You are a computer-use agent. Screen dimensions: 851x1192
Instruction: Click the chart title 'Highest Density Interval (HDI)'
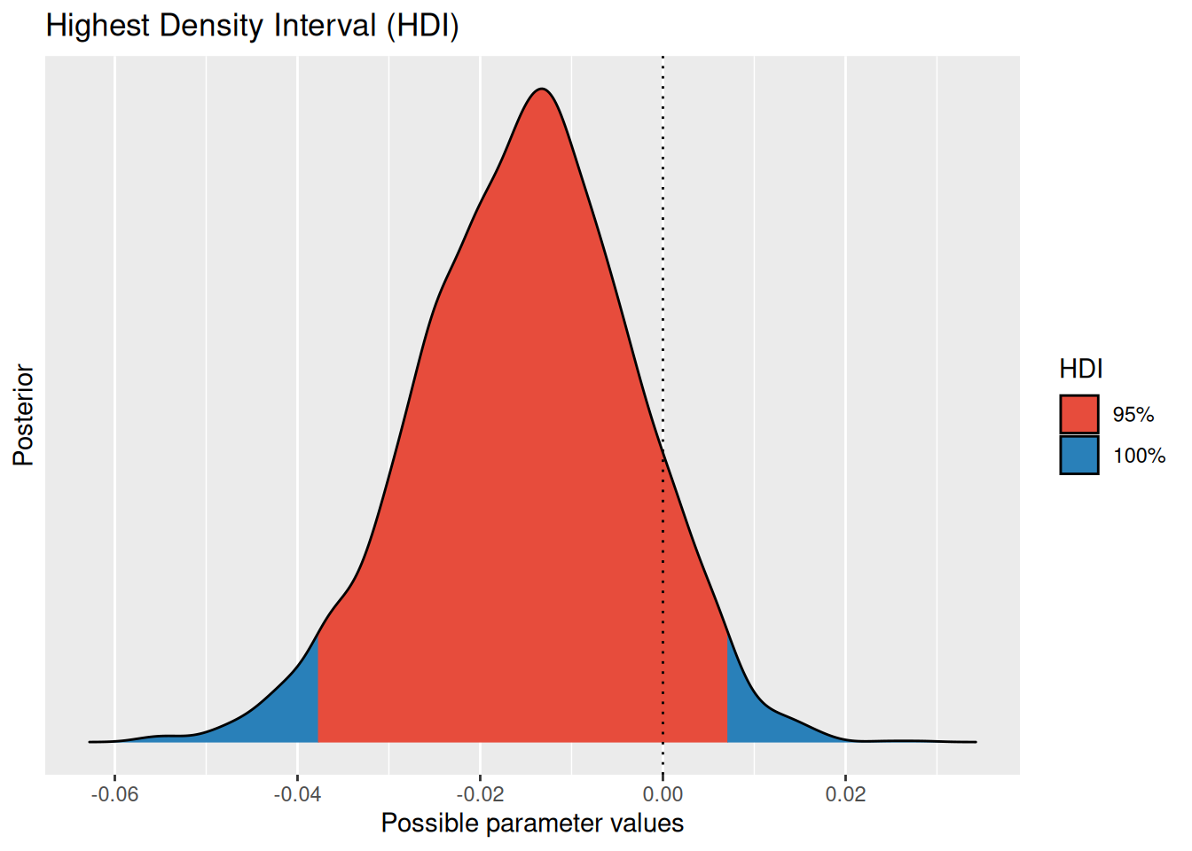point(252,26)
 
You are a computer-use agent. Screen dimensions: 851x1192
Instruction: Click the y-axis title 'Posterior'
point(24,415)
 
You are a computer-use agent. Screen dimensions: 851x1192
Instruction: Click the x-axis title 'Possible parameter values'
point(532,824)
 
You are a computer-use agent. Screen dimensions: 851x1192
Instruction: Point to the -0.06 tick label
point(114,794)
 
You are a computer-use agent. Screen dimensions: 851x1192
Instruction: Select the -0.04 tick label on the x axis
point(297,794)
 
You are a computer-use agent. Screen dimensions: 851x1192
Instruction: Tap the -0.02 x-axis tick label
point(480,794)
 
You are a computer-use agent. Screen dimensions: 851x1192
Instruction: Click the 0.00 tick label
point(663,794)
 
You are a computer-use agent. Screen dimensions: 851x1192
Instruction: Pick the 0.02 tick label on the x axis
point(845,794)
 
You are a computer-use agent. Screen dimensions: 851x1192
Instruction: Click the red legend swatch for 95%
point(1078,414)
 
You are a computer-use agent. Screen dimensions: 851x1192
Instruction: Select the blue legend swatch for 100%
point(1078,455)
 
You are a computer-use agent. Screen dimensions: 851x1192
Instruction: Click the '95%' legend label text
point(1133,415)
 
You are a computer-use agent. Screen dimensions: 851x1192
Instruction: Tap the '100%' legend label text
point(1139,456)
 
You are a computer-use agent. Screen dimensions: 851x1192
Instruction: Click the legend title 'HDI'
point(1080,369)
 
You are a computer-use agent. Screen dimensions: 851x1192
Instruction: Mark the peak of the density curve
point(541,90)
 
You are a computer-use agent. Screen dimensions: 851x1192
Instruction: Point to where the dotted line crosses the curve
point(663,449)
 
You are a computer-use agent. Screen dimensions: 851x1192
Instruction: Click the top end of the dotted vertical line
point(663,59)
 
